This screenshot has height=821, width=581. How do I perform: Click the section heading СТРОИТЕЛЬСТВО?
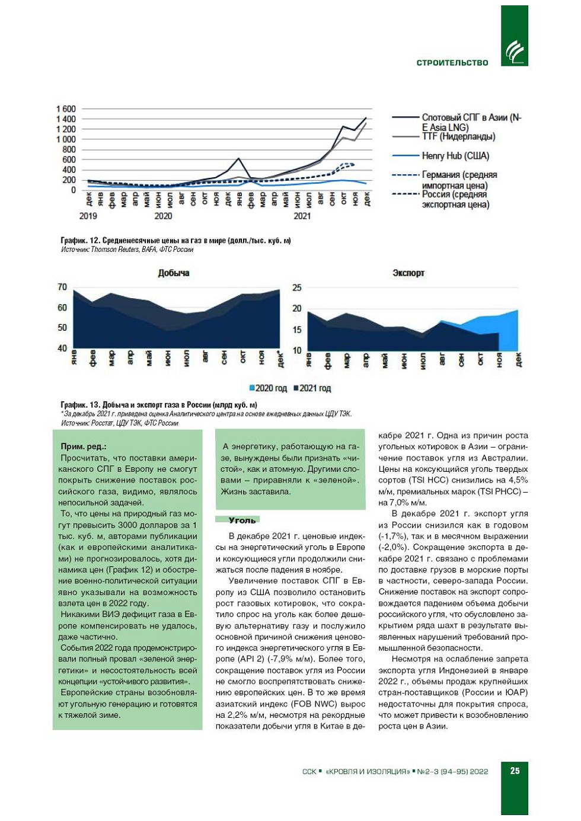[452, 62]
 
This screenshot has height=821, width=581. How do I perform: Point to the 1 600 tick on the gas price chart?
[66, 109]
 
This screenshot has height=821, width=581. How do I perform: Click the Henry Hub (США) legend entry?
[455, 156]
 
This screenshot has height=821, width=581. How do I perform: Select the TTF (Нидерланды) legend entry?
[458, 137]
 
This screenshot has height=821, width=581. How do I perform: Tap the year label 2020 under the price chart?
[163, 216]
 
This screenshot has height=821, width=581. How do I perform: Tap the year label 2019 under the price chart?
[88, 216]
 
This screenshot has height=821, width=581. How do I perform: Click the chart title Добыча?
[173, 273]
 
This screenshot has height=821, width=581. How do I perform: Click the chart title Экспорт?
[408, 273]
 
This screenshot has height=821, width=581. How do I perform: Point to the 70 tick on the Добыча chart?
[62, 287]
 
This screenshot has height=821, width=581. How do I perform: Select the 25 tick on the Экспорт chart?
[296, 287]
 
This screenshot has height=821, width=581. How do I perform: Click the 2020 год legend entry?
[268, 388]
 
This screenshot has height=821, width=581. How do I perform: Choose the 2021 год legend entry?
[312, 388]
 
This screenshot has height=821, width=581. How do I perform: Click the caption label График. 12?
[80, 241]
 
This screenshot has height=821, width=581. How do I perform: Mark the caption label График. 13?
[80, 405]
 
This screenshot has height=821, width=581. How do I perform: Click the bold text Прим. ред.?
[84, 446]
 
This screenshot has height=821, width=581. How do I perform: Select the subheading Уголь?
[242, 520]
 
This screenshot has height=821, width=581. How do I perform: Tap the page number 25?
[515, 771]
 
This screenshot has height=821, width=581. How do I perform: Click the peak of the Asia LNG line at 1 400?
[366, 119]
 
